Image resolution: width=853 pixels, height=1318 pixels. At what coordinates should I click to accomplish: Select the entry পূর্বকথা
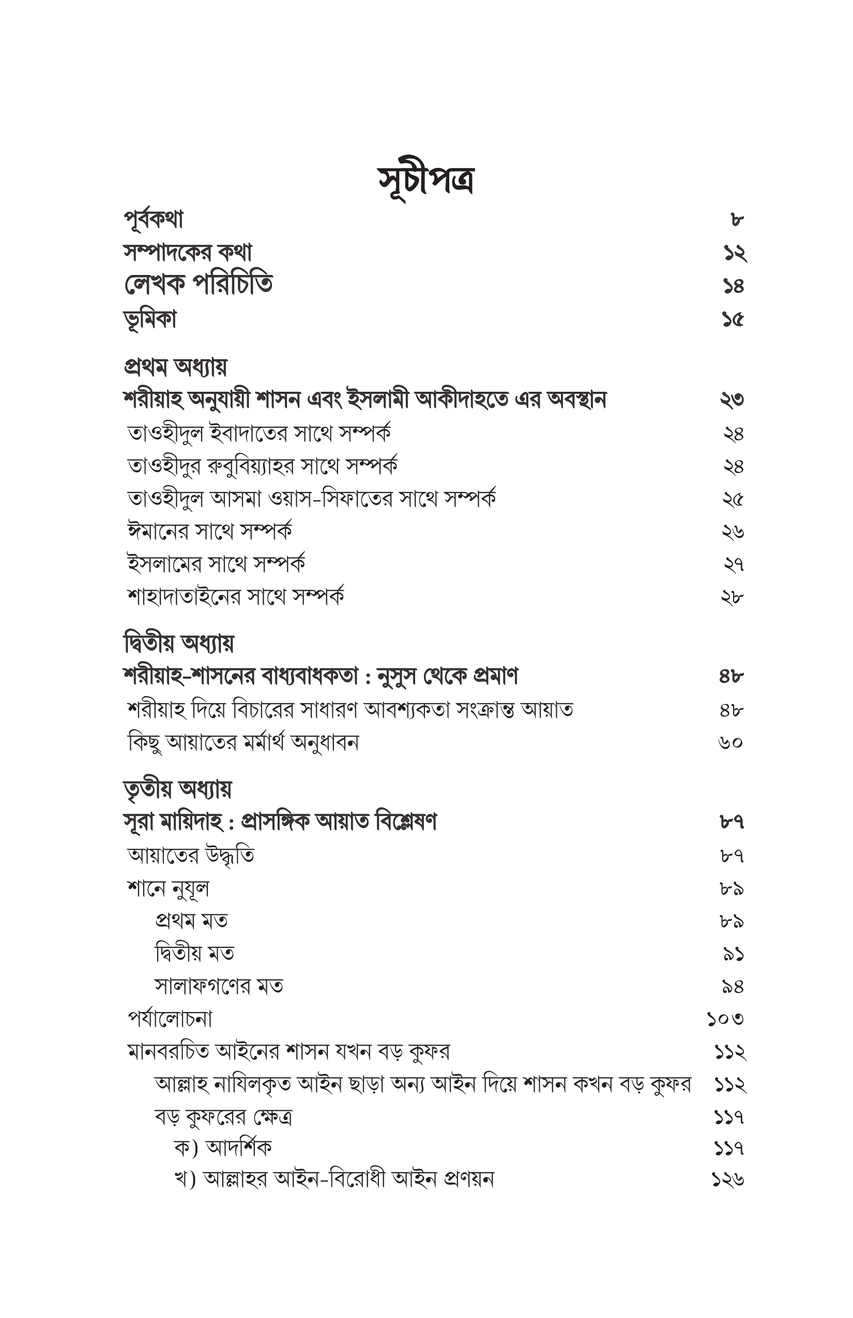[x=154, y=220]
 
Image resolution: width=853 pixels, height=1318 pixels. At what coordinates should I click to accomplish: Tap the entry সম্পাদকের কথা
[x=188, y=253]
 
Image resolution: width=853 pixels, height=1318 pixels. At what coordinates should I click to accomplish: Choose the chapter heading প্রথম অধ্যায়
[x=175, y=366]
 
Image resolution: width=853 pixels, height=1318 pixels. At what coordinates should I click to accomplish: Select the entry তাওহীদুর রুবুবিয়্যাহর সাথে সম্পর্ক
[x=262, y=466]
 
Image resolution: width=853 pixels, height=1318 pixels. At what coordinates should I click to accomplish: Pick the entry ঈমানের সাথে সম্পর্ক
[x=209, y=532]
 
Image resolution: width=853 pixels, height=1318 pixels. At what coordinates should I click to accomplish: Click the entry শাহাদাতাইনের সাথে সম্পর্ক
[x=236, y=597]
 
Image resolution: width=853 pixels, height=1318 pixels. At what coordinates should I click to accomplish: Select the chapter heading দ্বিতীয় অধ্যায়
[x=178, y=643]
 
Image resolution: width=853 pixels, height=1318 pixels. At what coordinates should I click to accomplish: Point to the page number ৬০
[x=730, y=742]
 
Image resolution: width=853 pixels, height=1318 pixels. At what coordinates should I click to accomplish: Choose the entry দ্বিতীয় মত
[x=194, y=954]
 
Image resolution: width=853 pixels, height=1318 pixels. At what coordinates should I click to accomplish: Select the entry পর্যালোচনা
[x=170, y=1019]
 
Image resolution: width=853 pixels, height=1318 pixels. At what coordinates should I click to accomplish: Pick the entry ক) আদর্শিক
[x=223, y=1148]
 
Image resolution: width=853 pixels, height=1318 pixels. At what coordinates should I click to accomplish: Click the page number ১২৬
[x=728, y=1180]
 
